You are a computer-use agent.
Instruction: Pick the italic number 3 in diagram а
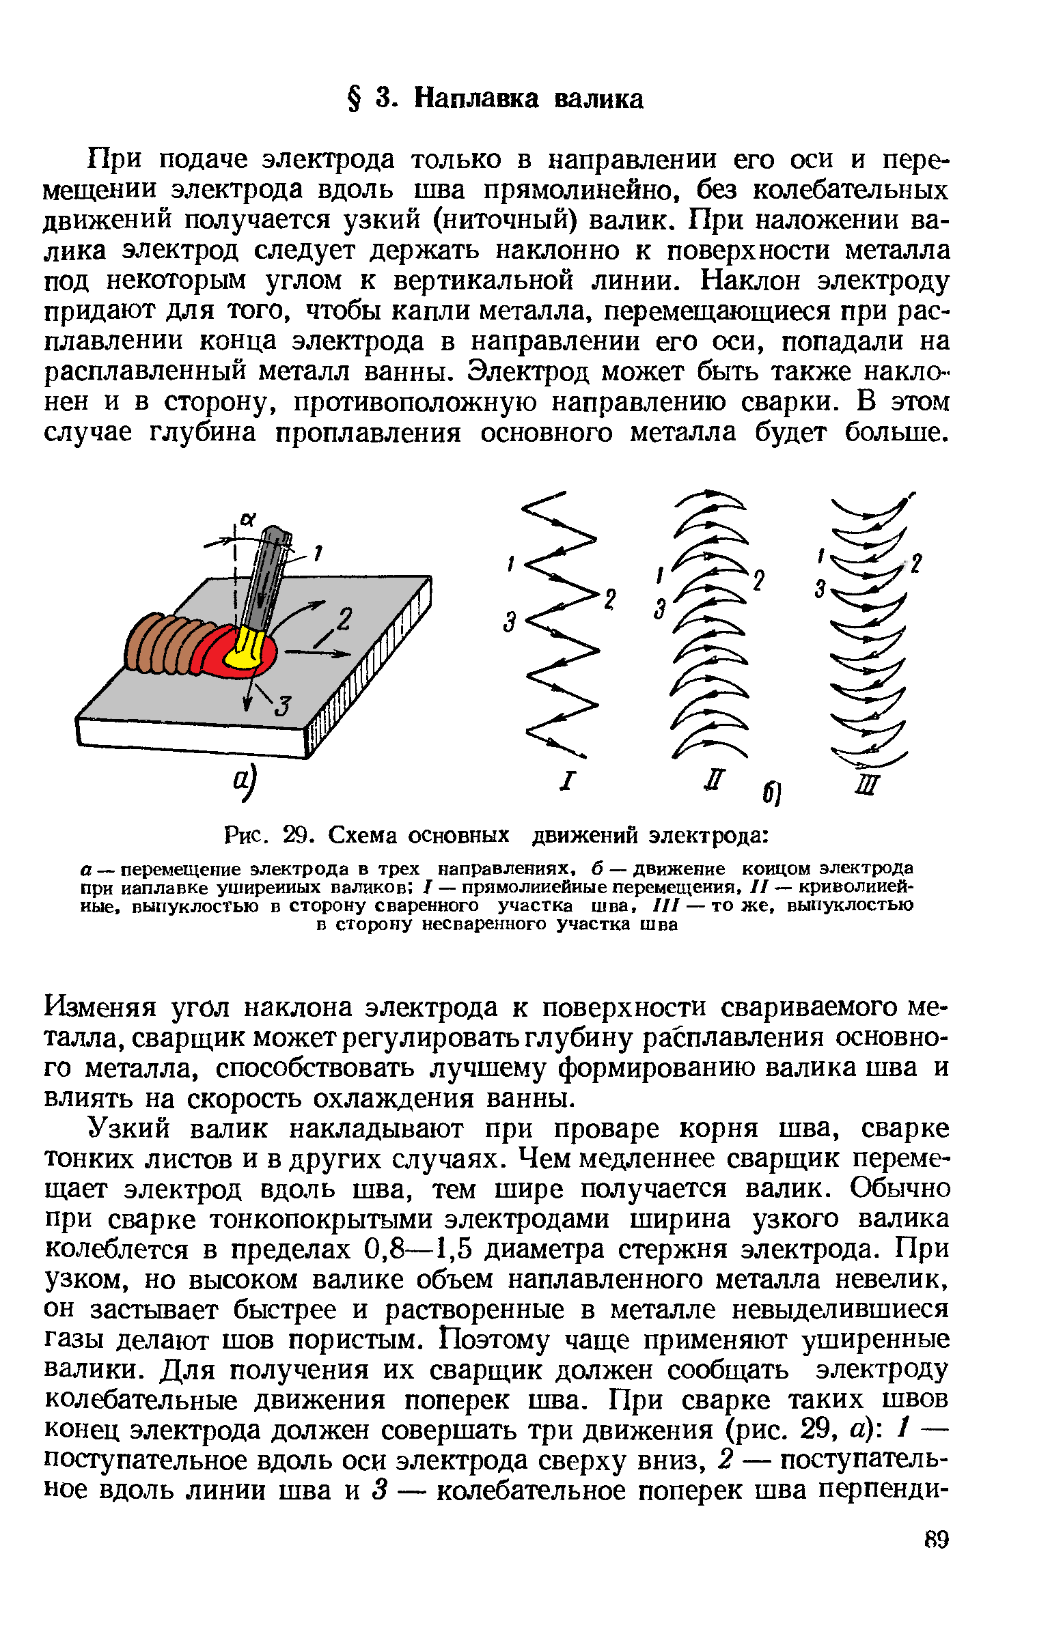[x=283, y=705]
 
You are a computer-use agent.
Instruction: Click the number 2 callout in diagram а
[x=344, y=620]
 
